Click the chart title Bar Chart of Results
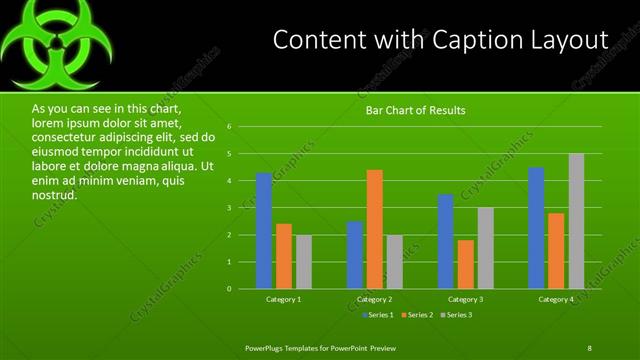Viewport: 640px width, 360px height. point(415,110)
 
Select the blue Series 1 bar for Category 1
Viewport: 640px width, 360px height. point(263,231)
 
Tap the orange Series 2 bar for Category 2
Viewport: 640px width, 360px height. point(375,229)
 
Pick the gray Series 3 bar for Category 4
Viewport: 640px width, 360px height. point(577,221)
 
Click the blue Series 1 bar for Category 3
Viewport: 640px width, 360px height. point(446,241)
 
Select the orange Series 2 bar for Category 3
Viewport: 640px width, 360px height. point(466,264)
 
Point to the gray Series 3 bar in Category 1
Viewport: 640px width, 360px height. point(303,262)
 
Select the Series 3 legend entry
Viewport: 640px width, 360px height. point(457,315)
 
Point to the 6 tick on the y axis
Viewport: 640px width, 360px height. point(229,127)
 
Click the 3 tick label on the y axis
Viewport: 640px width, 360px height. point(229,208)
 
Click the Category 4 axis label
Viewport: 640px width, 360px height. point(557,299)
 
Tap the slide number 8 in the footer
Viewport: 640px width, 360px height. point(589,347)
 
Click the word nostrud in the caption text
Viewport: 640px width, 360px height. point(54,195)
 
